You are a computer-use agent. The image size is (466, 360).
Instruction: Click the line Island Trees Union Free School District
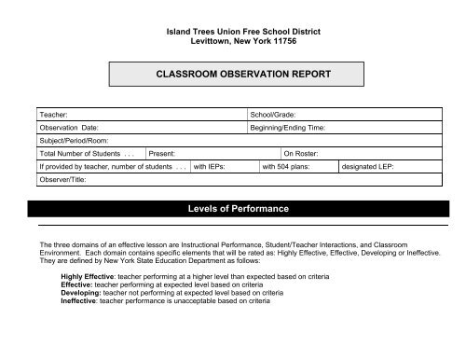[x=241, y=32]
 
